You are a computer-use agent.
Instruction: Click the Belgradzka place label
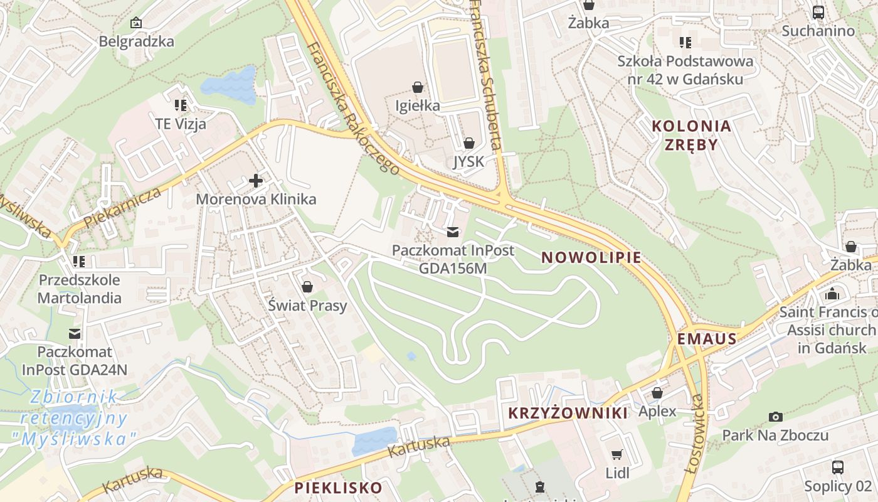[136, 41]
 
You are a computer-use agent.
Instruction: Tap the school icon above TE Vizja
[181, 105]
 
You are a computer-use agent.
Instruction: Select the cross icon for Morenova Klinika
[256, 181]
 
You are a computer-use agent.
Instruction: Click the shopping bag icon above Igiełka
[418, 87]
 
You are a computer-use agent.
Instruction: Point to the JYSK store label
[468, 162]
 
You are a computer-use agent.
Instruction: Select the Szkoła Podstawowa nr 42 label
[685, 70]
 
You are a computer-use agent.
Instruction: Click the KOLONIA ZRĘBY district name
[691, 135]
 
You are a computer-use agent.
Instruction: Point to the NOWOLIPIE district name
[591, 257]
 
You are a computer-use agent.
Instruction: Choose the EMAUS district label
[706, 339]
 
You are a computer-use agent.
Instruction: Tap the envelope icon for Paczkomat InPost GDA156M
[453, 232]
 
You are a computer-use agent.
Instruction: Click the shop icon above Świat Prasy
[307, 287]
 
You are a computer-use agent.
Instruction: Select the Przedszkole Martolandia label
[79, 289]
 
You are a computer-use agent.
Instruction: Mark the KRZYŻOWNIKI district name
[567, 413]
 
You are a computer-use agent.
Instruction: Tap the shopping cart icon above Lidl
[617, 454]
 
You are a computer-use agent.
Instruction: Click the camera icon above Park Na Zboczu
[775, 417]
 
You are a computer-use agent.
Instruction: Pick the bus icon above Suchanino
[818, 12]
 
